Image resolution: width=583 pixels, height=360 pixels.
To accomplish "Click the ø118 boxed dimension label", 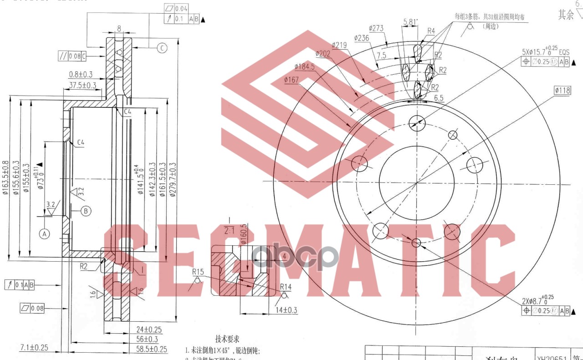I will point(563,91).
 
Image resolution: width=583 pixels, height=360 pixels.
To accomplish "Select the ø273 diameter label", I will point(376,28).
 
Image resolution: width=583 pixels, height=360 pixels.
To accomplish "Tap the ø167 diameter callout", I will point(291,80).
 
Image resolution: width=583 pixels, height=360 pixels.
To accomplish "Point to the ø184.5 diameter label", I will point(305,66).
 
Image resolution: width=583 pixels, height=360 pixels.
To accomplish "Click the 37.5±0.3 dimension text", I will point(82,85).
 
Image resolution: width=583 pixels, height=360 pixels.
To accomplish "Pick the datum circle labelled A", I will point(44,234).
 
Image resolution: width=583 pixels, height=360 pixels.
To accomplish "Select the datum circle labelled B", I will point(86,211).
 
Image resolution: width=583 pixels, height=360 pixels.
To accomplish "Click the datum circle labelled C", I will point(162,47).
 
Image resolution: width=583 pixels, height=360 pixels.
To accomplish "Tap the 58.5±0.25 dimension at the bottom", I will point(152,349).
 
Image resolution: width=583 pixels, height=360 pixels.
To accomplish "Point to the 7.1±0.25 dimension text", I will point(34,347).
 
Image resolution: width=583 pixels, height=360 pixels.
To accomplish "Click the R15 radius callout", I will point(198,272).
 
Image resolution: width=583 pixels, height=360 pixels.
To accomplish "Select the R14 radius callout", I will point(286,287).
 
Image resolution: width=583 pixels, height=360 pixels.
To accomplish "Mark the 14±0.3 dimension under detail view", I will point(287,310).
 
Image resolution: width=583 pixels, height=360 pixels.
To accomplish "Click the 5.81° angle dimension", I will point(410,21).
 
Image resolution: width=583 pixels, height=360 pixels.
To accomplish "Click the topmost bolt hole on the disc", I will point(417,122).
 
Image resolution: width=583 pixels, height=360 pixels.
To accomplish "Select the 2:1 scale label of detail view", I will point(229,231).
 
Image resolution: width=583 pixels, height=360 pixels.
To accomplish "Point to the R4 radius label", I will point(431,31).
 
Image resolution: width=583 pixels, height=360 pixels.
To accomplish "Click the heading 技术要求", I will point(227,339).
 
